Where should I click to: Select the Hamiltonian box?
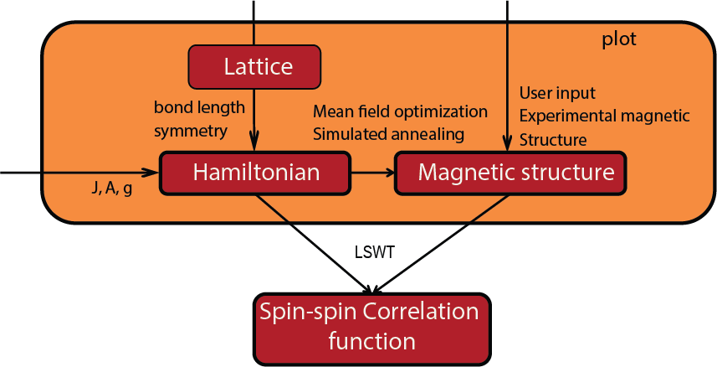(x=256, y=173)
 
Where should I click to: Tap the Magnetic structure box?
(x=510, y=173)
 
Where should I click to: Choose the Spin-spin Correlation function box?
(x=370, y=328)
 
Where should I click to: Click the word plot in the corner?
(x=619, y=39)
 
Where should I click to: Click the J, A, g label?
(x=111, y=189)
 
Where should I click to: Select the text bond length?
(x=199, y=107)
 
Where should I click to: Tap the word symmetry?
(x=190, y=131)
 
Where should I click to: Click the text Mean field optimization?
(x=400, y=111)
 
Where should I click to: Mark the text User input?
(x=557, y=92)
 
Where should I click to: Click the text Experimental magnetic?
(x=604, y=116)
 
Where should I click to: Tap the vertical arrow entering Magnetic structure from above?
(x=507, y=84)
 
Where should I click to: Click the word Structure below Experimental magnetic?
(x=553, y=139)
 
